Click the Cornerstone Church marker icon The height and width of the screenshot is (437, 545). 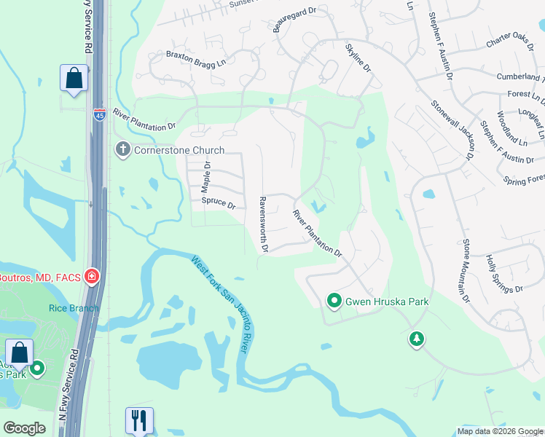point(122,149)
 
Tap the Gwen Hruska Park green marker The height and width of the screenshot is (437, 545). point(334,300)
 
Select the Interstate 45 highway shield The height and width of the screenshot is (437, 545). point(98,114)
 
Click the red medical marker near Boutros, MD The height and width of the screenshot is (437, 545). point(92,276)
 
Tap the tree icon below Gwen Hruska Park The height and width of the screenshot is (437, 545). point(416,339)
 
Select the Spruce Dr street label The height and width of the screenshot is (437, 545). point(219,202)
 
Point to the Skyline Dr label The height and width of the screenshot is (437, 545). point(358,59)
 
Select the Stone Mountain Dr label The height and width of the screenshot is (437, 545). point(464,269)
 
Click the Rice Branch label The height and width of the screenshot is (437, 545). point(68,308)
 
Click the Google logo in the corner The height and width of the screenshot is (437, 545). point(24,428)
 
